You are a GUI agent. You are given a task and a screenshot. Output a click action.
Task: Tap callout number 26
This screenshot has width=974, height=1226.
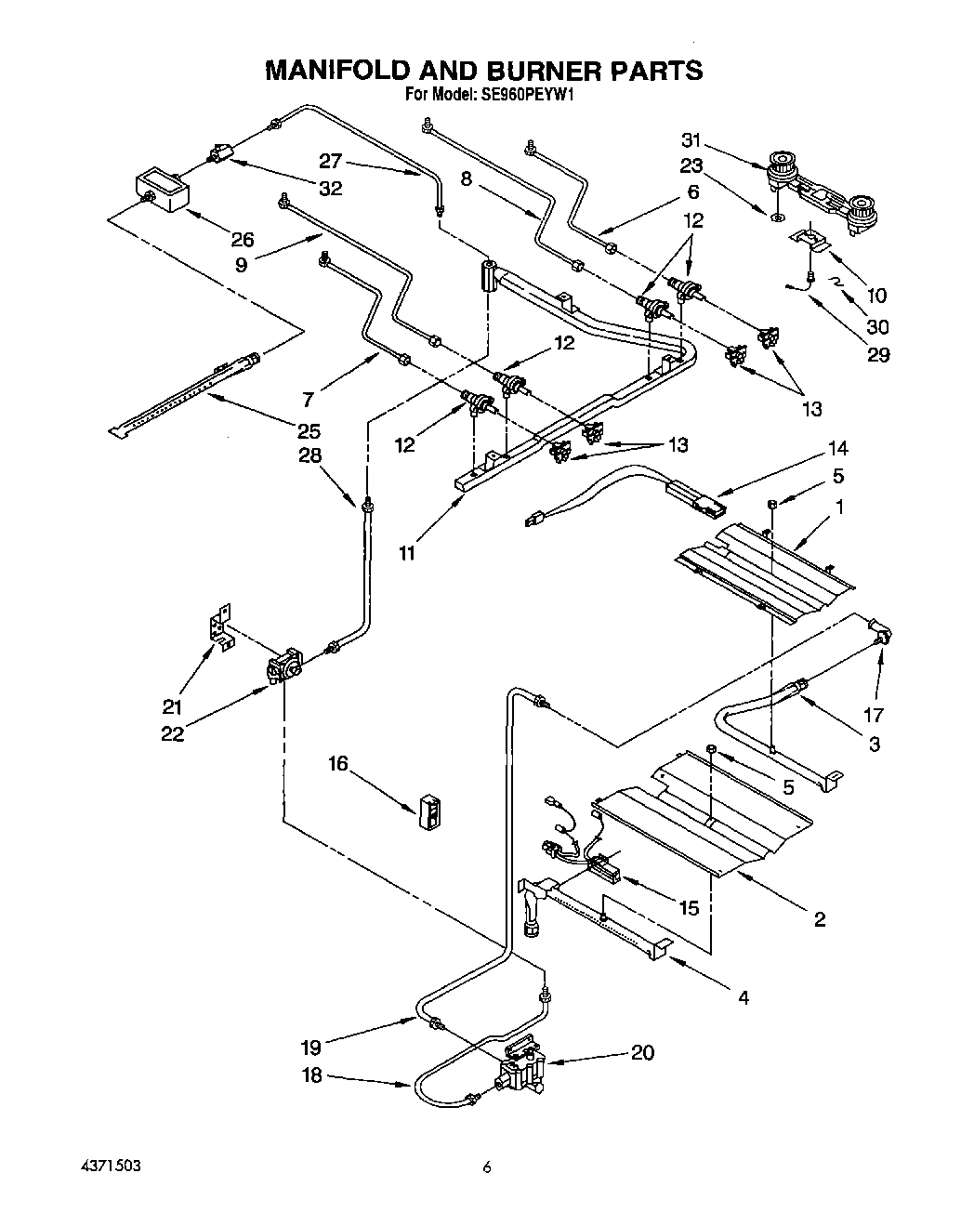[243, 238]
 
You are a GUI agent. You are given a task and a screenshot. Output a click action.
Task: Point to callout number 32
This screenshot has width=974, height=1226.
[330, 189]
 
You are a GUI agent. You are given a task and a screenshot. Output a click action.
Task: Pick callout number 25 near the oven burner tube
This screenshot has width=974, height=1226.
[309, 431]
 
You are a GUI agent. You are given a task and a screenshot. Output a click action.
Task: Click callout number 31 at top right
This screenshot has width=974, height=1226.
[691, 141]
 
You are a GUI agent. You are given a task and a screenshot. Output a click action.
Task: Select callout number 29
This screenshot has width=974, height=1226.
[877, 354]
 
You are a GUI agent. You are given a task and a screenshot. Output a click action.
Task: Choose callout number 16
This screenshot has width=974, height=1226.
[338, 763]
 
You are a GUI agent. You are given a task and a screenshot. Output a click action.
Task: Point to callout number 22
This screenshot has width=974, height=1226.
[172, 733]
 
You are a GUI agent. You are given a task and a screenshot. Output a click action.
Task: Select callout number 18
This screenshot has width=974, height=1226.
[312, 1075]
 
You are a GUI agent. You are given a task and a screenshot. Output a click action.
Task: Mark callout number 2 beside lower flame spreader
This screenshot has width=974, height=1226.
[820, 919]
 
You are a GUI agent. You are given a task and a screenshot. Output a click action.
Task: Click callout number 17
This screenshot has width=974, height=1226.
[874, 715]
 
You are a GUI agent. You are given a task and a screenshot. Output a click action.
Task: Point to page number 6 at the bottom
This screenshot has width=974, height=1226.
[486, 1168]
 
